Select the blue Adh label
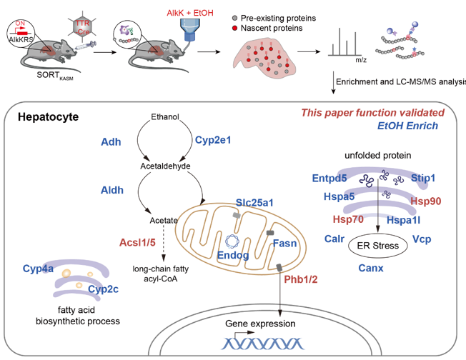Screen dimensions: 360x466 click(x=111, y=141)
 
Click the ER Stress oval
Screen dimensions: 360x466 click(x=377, y=246)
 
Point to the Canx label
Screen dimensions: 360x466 click(x=371, y=269)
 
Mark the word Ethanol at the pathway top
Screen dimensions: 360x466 click(x=165, y=116)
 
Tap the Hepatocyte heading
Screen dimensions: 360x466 click(x=48, y=116)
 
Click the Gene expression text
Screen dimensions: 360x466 click(x=260, y=324)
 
